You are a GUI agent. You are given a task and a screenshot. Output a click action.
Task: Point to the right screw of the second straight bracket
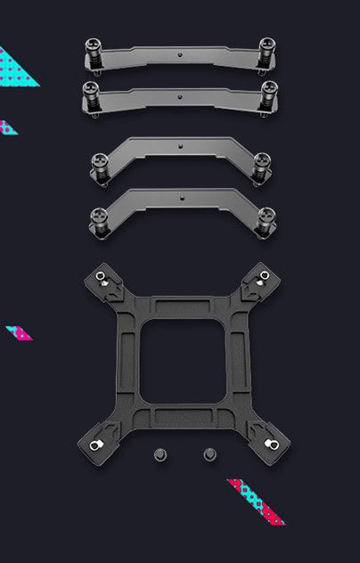click(267, 94)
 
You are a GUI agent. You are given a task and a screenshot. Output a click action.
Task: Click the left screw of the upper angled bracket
click(100, 167)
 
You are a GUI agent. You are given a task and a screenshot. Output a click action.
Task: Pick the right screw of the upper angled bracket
click(261, 167)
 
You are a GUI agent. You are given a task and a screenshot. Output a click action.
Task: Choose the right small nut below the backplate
click(209, 454)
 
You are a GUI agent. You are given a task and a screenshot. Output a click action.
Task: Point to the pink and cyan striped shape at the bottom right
click(257, 502)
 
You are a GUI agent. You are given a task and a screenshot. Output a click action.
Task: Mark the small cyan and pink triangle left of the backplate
click(20, 332)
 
